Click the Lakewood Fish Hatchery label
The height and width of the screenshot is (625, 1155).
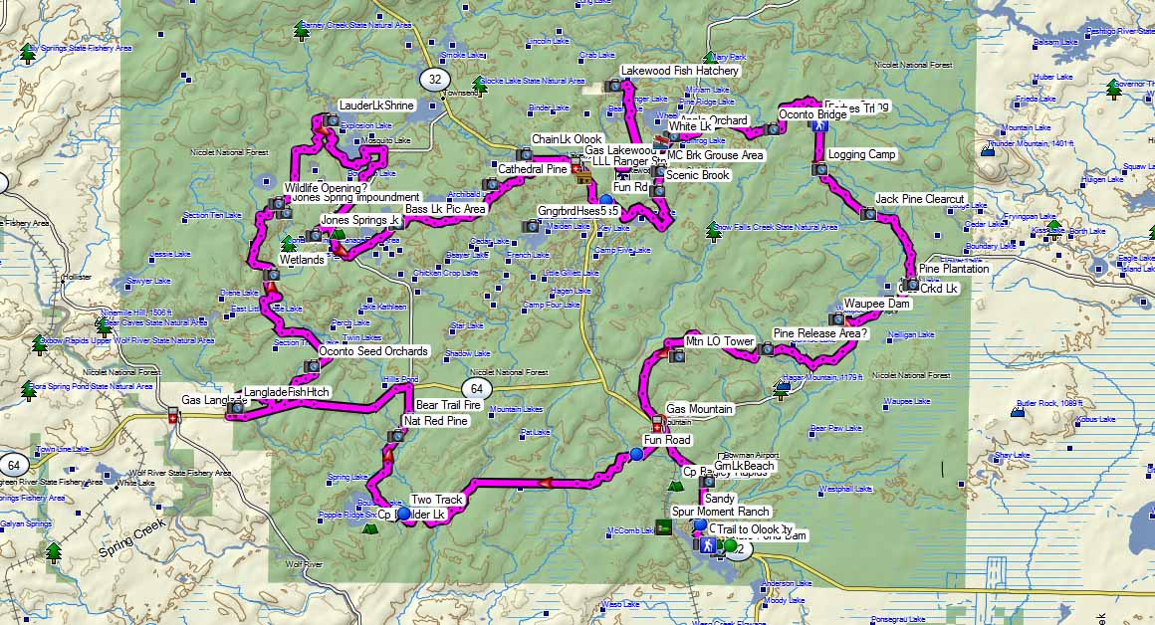[x=679, y=72]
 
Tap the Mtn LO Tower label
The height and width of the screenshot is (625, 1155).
[x=720, y=342]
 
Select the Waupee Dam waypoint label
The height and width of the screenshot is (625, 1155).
[x=876, y=304]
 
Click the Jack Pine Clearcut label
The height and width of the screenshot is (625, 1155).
[x=919, y=200]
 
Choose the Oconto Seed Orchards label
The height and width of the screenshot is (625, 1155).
[x=373, y=351]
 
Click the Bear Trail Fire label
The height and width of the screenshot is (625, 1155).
[x=448, y=406]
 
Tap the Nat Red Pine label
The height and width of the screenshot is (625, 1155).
[x=435, y=421]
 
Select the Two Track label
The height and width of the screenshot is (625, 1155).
[x=436, y=500]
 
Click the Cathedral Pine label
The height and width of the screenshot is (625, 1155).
[x=533, y=170]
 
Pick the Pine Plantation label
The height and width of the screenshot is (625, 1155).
[x=954, y=269]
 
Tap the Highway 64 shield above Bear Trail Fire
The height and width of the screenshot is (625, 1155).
[x=476, y=387]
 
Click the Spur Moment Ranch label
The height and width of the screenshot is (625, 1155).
[x=720, y=512]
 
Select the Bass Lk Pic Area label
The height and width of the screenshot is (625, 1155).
[x=445, y=210]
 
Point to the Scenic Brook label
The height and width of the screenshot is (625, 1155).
[x=698, y=175]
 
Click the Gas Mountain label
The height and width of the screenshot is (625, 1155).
[x=699, y=409]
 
